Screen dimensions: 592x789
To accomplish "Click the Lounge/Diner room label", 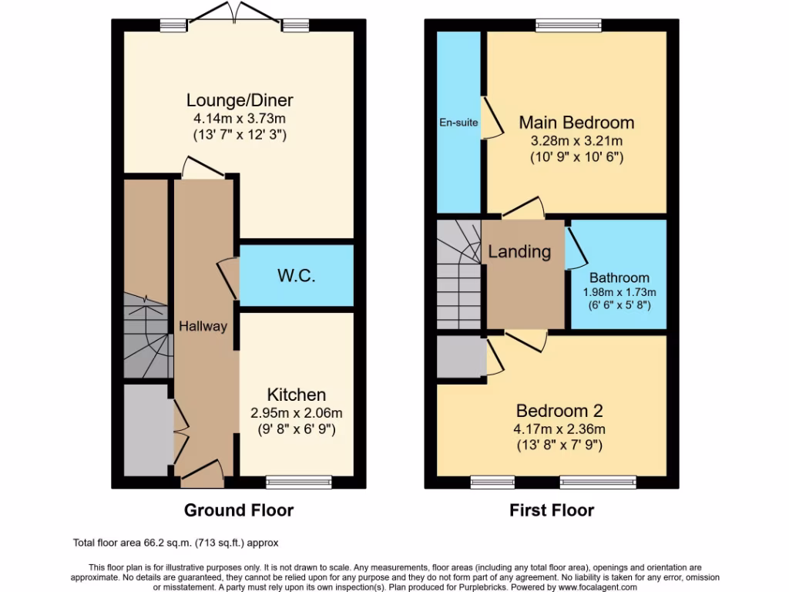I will coord(240,100).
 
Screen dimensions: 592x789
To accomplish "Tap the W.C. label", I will coord(297,275).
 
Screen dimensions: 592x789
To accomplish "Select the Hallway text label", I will coord(203,326).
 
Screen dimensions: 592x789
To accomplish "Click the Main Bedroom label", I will coord(576,123).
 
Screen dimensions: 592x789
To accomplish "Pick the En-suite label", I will coord(458,122).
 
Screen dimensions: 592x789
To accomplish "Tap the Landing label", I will coord(519,251).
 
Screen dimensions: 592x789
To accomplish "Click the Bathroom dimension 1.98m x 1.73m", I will coord(619,292).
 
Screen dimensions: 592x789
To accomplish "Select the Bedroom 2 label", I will coord(559,410).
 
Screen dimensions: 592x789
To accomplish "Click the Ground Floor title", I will coord(238,510).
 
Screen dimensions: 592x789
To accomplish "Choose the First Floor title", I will coord(552,510).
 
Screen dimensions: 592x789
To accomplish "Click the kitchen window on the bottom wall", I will coord(299,483).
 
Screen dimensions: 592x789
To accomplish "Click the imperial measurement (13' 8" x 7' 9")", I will coord(559,445).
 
